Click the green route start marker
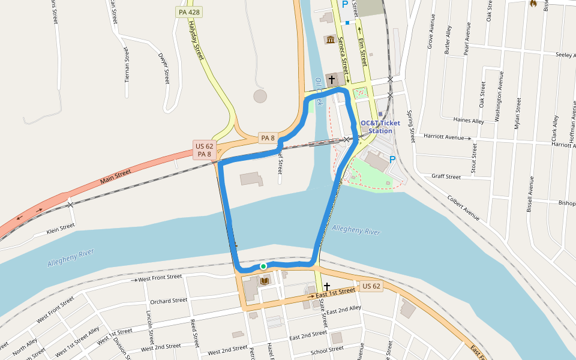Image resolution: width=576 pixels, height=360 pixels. point(263,266)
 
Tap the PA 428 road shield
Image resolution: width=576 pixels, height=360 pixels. point(188,12)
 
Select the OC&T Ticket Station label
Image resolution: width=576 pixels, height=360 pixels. point(380,127)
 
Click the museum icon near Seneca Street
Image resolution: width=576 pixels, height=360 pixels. point(330,40)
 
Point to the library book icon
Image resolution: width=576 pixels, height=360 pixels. point(265,280)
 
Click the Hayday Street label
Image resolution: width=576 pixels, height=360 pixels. point(196,40)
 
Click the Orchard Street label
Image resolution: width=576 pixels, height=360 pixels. point(169,301)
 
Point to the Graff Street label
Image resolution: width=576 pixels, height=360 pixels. point(446,177)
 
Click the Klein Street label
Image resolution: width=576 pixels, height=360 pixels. point(61,228)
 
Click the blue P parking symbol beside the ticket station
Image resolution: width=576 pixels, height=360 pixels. point(392,160)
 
